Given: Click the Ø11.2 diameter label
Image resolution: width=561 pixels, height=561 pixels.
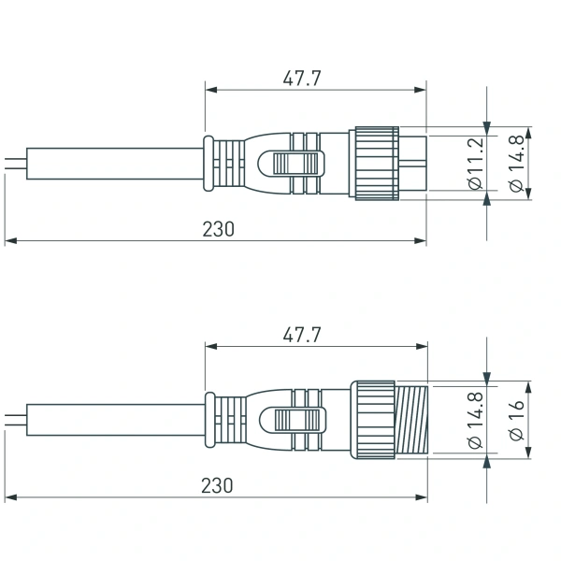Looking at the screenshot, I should pyautogui.click(x=475, y=164).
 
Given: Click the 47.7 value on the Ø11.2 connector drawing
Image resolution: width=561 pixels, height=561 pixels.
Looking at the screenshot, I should pyautogui.click(x=302, y=79).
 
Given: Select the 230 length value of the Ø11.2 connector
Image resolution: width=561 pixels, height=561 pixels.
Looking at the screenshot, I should pyautogui.click(x=218, y=229).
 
